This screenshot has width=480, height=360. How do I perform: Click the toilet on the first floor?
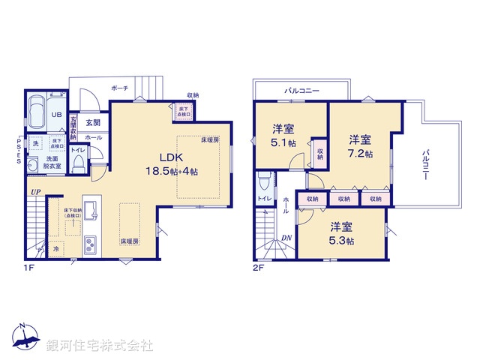[78, 166]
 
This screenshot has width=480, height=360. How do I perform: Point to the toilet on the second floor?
[263, 182]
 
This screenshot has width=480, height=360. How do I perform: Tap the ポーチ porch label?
[118, 88]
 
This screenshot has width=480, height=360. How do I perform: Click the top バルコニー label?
[301, 91]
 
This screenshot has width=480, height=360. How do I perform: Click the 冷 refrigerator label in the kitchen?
[57, 247]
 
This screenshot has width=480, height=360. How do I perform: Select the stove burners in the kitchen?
[90, 244]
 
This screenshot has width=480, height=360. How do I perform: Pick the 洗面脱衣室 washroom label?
[52, 163]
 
